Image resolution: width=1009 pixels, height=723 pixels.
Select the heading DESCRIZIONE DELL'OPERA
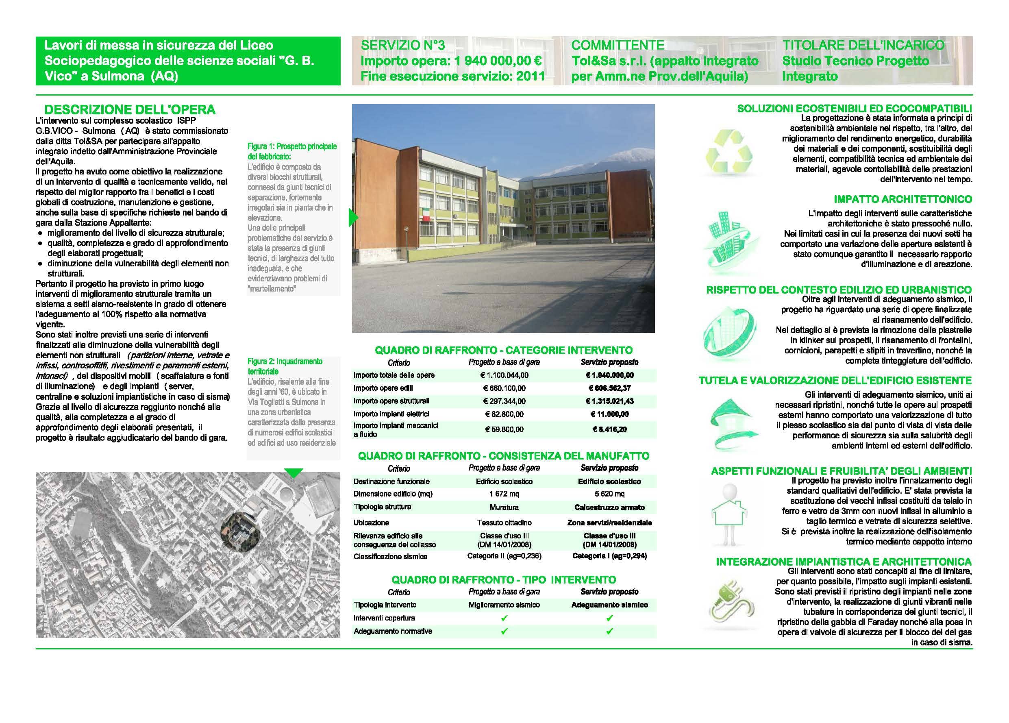pos(130,109)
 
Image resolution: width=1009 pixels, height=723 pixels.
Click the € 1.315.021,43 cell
pos(609,401)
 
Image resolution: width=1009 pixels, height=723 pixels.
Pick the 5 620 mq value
pos(609,494)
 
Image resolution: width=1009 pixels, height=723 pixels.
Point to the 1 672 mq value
pos(504,494)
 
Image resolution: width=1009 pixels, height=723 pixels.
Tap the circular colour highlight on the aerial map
pos(241,531)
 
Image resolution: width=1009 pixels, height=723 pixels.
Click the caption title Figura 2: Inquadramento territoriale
pos(285,366)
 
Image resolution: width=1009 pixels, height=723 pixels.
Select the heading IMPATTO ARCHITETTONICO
pos(902,199)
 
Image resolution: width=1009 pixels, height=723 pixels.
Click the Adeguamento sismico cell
pos(609,605)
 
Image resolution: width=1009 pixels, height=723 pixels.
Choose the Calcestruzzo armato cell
pos(609,507)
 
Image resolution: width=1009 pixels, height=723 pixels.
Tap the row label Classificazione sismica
pos(390,556)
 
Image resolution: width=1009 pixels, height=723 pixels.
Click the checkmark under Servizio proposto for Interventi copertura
pos(609,618)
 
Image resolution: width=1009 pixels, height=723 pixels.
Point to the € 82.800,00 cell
pos(504,414)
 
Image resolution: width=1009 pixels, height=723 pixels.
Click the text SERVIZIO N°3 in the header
pos(402,46)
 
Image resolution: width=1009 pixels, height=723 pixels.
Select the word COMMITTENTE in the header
pos(618,46)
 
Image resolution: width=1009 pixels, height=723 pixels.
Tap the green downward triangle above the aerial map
pos(293,473)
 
